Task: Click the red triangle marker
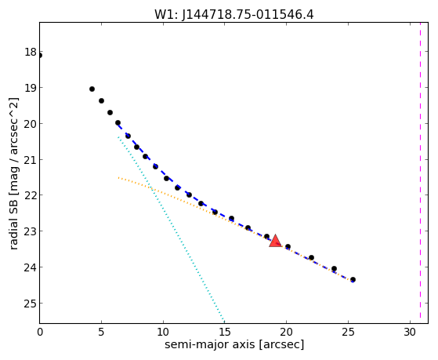point(276,241)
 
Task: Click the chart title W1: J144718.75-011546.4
point(234,14)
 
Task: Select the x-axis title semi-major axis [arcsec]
point(234,344)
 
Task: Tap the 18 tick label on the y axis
point(31,52)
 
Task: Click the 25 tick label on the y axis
point(31,304)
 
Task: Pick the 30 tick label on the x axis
point(410,332)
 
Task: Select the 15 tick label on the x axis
point(225,332)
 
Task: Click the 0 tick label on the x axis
point(40,332)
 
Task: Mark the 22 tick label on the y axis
point(31,195)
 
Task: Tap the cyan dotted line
point(171,229)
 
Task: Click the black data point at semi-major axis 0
point(40,56)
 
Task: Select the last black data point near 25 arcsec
point(353,279)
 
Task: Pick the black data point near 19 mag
point(92,89)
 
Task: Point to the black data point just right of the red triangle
point(288,247)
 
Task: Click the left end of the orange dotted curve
point(118,177)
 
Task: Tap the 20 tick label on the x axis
point(286,332)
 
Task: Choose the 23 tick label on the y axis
point(31,231)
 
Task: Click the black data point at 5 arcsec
point(101,100)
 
